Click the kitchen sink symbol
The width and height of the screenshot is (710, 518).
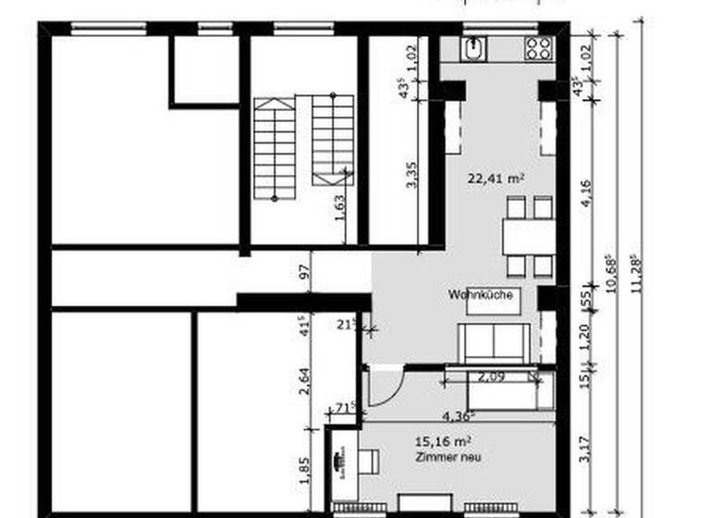click(x=474, y=48)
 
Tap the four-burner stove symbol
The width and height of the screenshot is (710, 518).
click(x=538, y=48)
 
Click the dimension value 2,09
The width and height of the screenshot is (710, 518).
click(x=491, y=376)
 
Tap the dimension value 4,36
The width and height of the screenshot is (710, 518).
click(x=459, y=415)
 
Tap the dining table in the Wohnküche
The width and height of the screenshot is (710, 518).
click(x=529, y=237)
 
